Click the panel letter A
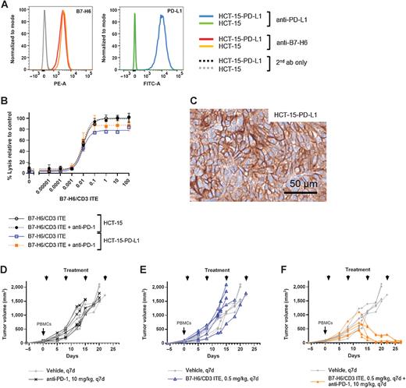[x=4, y=5]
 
